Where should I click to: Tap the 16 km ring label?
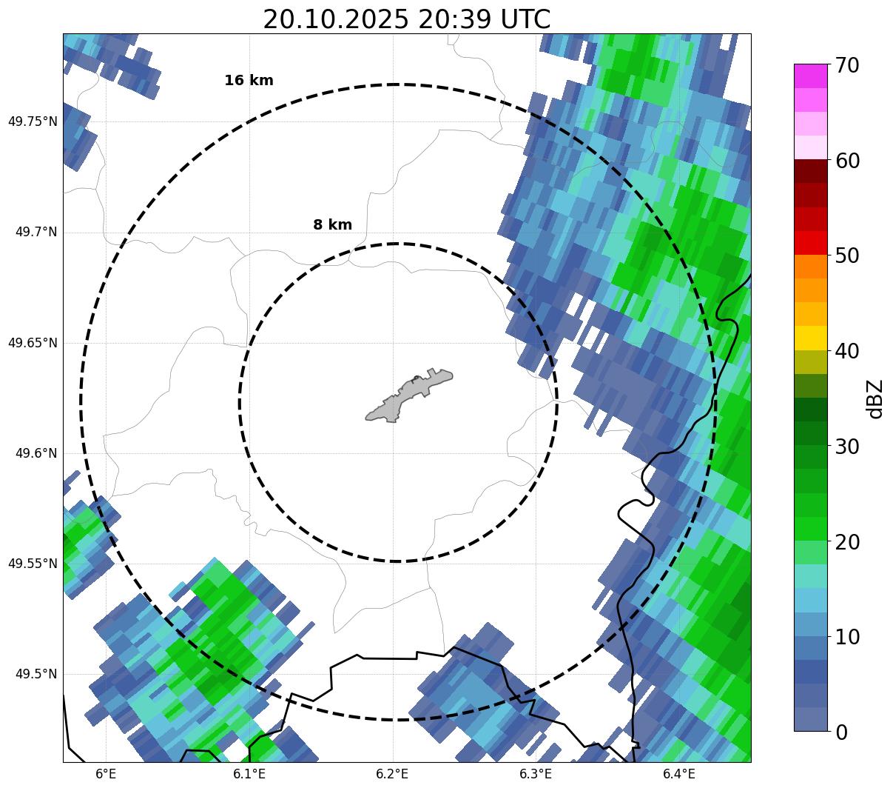249,81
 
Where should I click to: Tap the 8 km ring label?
332,225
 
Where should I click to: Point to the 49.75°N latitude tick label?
33,121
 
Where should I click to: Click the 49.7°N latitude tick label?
36,233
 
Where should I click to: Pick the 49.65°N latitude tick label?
33,343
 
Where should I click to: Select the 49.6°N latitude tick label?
36,453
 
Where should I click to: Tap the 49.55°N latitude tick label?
33,564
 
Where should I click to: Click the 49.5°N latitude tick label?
36,674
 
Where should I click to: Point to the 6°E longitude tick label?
106,774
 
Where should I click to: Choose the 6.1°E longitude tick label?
249,774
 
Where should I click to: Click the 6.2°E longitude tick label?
392,774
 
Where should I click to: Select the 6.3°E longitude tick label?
536,774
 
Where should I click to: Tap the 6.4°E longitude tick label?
678,774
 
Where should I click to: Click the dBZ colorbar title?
875,398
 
